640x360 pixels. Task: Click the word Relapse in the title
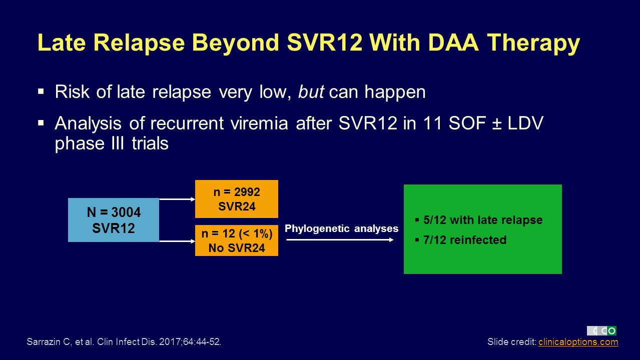(139, 43)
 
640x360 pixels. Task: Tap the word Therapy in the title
(533, 43)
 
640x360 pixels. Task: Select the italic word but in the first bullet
(311, 92)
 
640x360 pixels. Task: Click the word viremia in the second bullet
(259, 123)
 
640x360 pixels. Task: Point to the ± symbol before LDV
(497, 124)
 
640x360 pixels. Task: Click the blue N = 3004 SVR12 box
(114, 220)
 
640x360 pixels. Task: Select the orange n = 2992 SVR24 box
(237, 199)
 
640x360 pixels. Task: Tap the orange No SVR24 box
(237, 240)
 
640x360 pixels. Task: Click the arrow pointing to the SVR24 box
(177, 199)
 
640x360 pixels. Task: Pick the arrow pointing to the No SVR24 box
(177, 241)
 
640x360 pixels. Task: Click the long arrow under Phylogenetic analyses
(340, 240)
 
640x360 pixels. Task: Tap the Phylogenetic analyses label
(341, 228)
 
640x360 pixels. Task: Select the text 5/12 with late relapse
(483, 220)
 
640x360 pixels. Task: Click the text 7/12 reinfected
(465, 240)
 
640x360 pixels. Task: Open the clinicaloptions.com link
(578, 341)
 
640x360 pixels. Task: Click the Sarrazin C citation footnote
(124, 341)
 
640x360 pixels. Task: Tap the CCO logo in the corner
(601, 331)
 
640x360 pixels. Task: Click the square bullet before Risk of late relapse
(41, 91)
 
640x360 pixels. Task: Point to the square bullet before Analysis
(41, 123)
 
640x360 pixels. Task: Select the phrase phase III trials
(112, 143)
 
